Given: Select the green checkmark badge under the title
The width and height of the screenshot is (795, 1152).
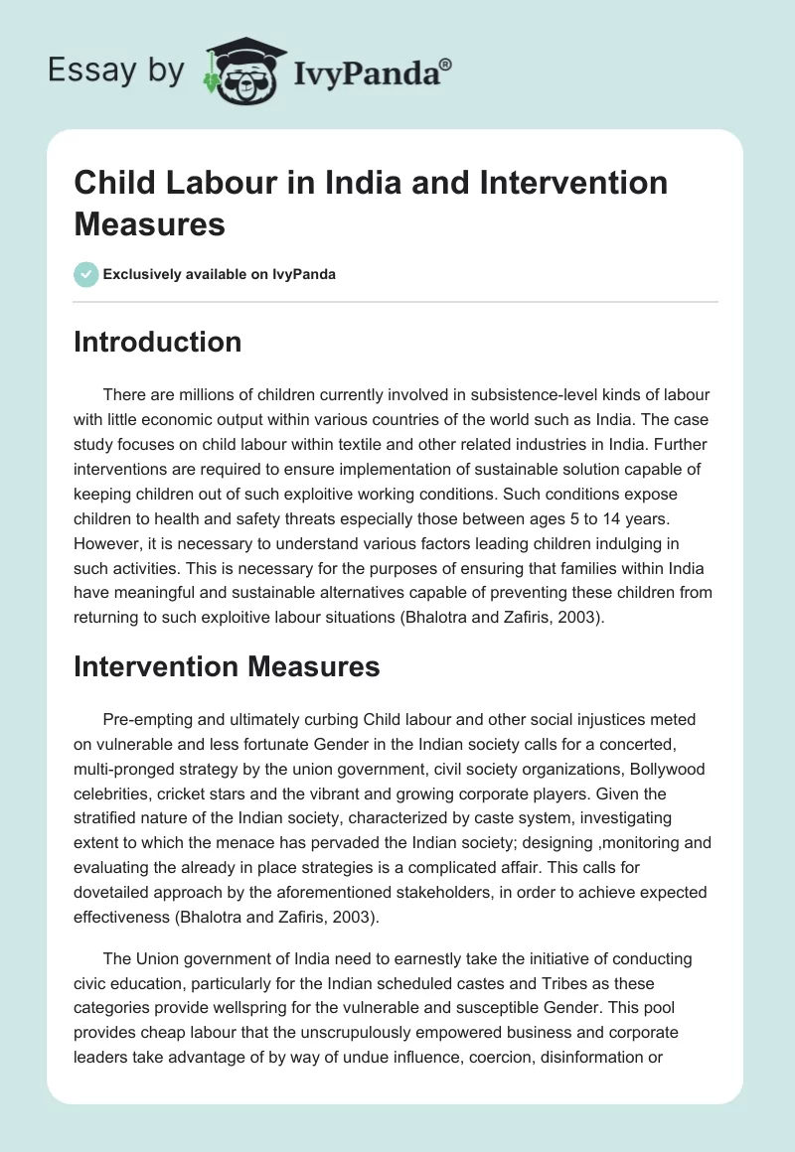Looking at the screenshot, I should pyautogui.click(x=86, y=274).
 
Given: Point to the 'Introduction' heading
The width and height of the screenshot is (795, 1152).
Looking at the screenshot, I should pyautogui.click(x=157, y=342).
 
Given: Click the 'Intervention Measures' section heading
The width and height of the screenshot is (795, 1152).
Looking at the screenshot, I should pyautogui.click(x=227, y=666).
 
